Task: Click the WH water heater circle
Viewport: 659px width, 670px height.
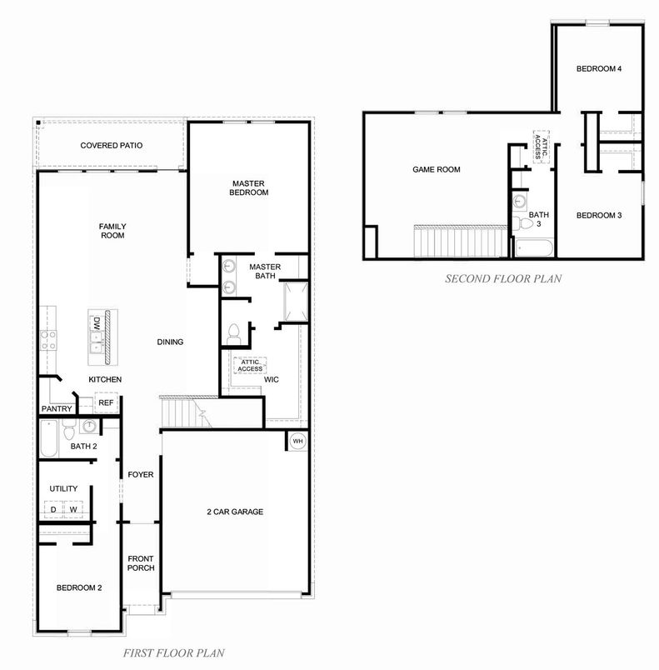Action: [297, 441]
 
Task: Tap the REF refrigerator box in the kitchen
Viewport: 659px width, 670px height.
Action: [106, 402]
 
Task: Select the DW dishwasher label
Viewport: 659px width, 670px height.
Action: [97, 323]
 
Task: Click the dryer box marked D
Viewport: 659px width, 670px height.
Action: [53, 509]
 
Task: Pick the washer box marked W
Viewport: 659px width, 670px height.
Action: [73, 509]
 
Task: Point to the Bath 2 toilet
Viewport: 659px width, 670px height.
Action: [69, 429]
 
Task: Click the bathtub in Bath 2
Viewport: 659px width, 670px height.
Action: [48, 438]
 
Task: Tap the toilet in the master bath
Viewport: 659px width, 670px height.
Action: [233, 334]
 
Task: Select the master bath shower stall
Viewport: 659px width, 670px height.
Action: [296, 301]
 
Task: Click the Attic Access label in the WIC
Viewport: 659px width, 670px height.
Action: [250, 365]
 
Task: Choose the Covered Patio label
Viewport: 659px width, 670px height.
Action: [112, 145]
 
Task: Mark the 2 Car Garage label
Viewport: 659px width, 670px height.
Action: [235, 512]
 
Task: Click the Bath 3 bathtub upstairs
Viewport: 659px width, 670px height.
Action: [534, 247]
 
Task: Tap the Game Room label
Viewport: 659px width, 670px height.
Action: [437, 170]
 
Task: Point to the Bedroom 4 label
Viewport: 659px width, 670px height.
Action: [599, 69]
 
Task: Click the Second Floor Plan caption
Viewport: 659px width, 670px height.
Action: [503, 278]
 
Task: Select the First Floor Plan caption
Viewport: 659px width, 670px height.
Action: [174, 652]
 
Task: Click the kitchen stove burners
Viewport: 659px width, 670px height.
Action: [47, 341]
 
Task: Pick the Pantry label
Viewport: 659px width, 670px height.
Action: [57, 409]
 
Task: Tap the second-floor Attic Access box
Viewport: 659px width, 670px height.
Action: [542, 147]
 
